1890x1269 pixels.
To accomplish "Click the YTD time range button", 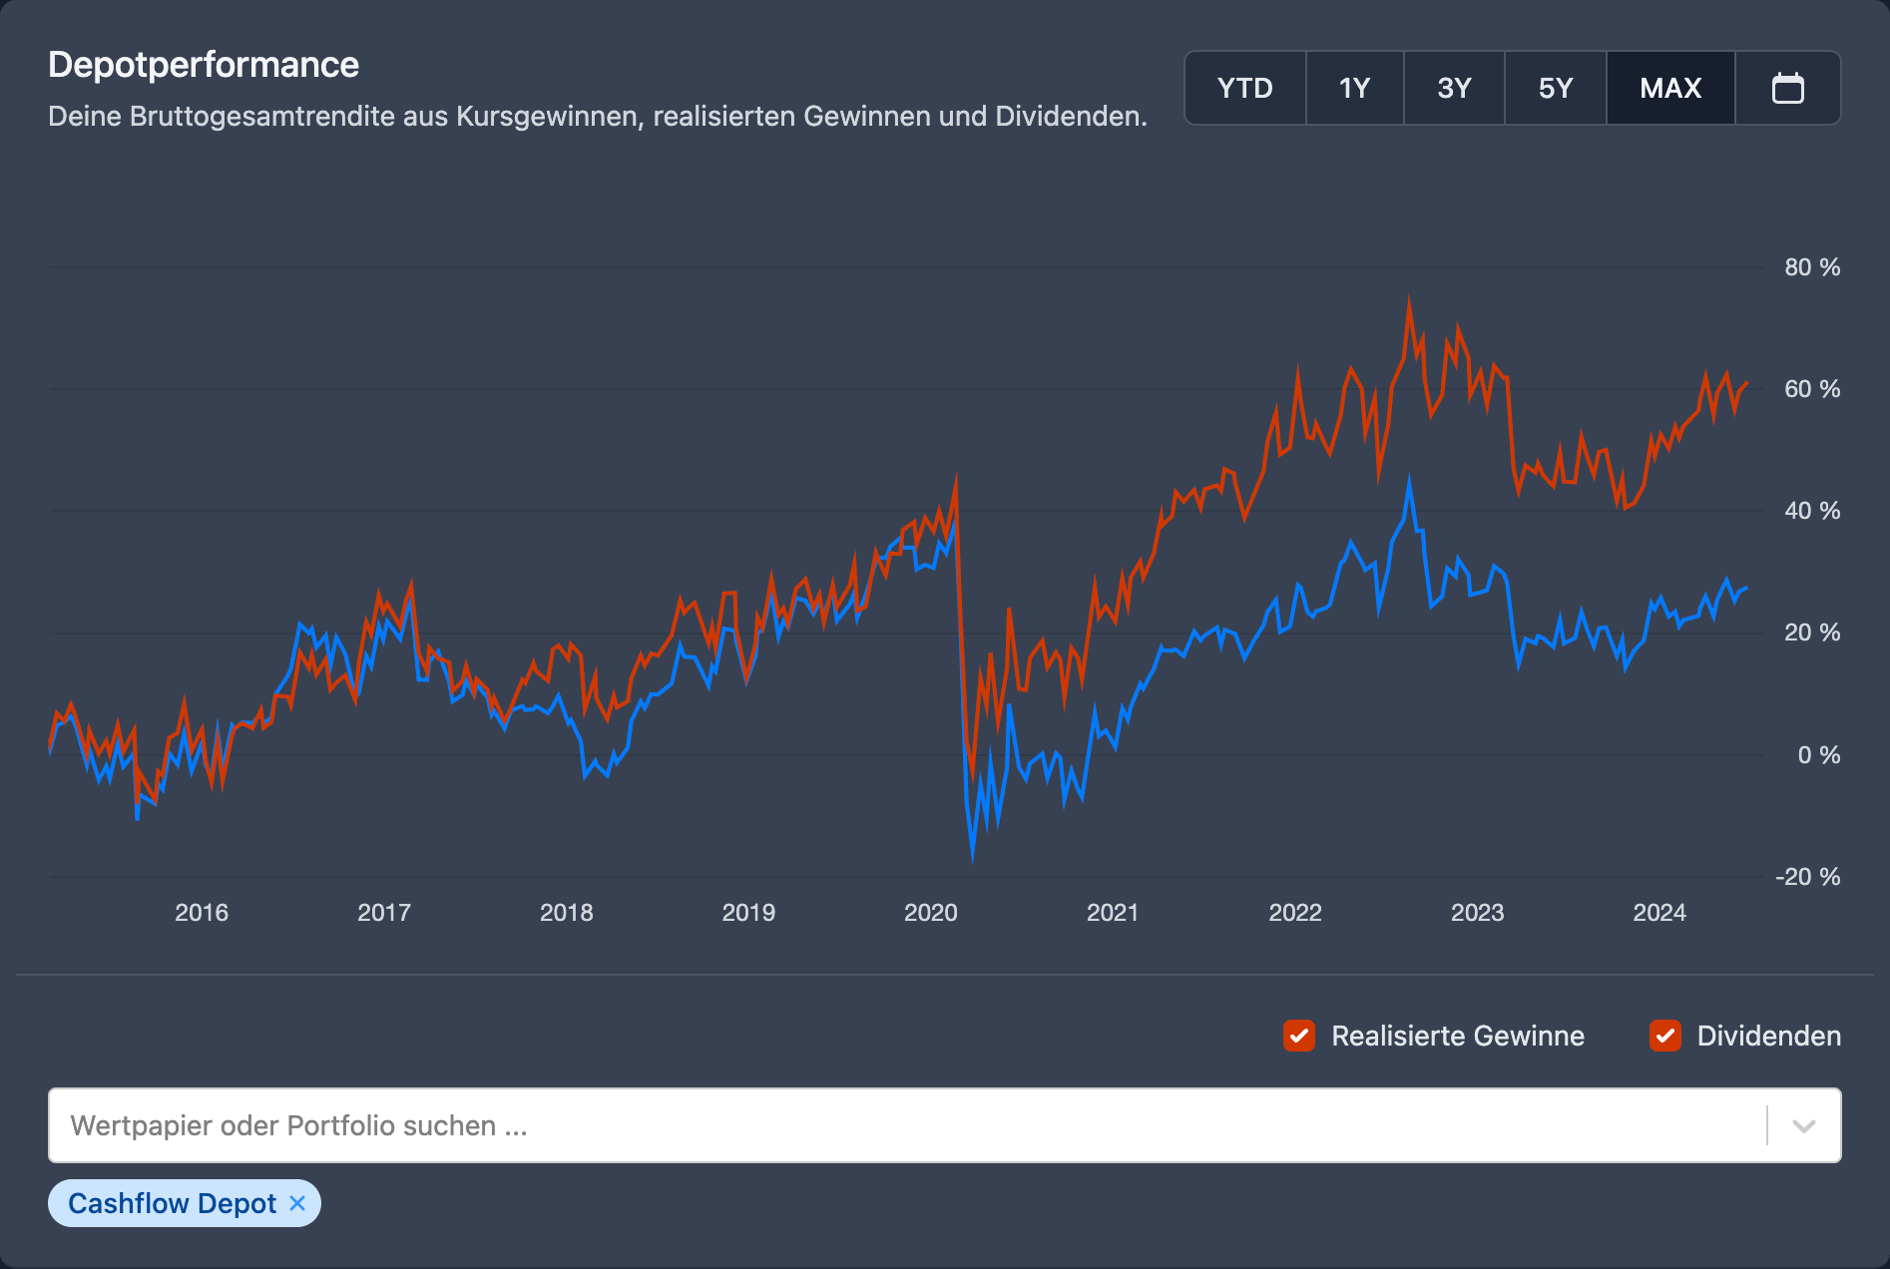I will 1244,88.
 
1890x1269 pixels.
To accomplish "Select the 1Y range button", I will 1354,88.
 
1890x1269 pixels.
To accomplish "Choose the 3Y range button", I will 1454,88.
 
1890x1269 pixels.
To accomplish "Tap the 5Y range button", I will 1555,88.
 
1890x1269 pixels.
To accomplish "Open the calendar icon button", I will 1787,88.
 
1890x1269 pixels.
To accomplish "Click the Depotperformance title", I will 204,65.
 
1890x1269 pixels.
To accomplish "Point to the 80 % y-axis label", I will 1811,267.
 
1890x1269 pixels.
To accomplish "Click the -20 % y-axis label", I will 1807,877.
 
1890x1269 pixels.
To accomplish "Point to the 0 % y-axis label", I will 1818,755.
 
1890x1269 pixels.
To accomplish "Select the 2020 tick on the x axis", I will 930,912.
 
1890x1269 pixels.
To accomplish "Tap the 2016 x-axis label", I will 202,912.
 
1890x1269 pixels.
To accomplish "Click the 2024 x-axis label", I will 1658,912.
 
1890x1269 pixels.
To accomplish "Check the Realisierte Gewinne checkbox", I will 1298,1036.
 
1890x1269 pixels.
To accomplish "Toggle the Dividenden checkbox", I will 1664,1036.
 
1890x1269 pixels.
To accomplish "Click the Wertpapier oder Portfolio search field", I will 898,1125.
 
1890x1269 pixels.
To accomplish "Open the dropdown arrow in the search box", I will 1803,1126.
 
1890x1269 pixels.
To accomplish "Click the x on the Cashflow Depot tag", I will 296,1203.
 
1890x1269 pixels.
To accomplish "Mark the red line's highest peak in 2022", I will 1409,298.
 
